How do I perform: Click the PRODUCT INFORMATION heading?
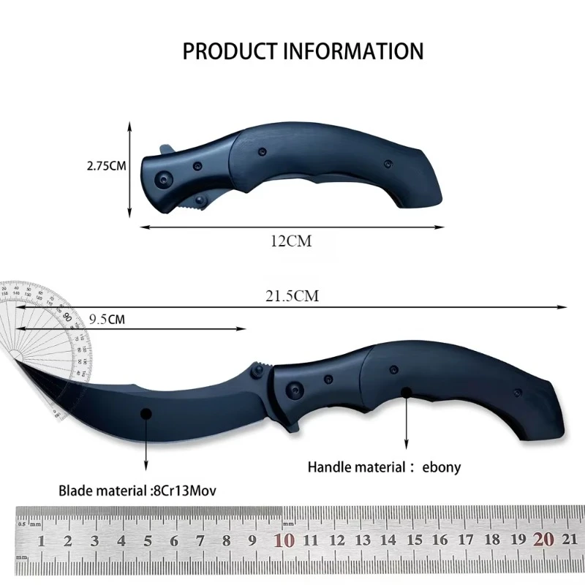[303, 51]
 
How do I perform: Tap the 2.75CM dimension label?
[107, 166]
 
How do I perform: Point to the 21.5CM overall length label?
[292, 296]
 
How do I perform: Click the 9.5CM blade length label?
[107, 319]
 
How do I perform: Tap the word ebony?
[442, 467]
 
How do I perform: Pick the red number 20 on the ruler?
[543, 540]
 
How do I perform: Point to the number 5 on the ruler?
[148, 541]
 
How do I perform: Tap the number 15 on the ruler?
[414, 541]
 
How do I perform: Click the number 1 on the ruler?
[42, 541]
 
